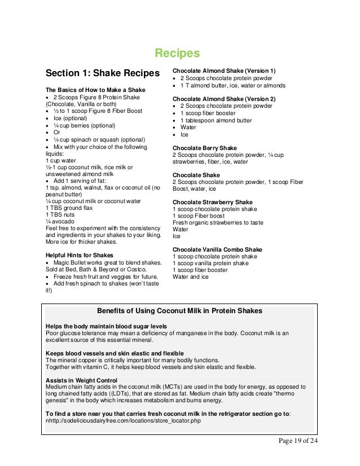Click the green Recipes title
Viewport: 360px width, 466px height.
point(177,54)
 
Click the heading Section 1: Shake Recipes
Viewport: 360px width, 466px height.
point(103,74)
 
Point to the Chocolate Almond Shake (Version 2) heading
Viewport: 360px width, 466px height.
point(224,98)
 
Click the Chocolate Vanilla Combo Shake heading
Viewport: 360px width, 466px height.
point(217,249)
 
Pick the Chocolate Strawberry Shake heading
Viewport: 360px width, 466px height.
point(212,202)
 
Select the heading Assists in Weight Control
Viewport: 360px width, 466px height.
point(81,380)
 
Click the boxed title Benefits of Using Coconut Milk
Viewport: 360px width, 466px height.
point(179,311)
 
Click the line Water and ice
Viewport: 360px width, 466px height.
point(190,277)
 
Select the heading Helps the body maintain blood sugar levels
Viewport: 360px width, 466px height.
point(106,326)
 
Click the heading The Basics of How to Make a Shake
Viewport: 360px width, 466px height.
point(95,90)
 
